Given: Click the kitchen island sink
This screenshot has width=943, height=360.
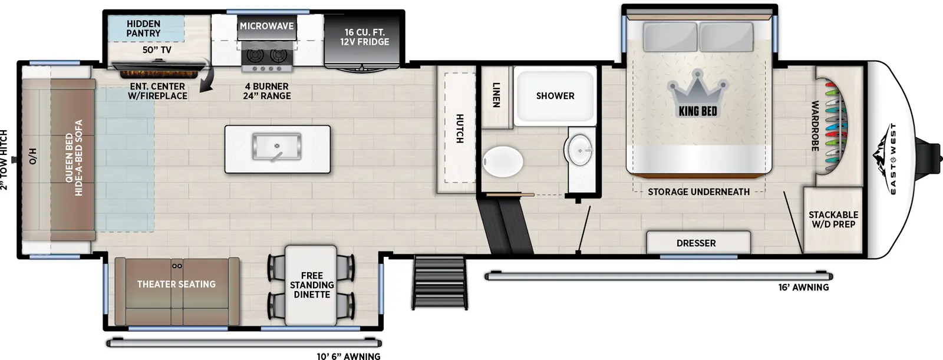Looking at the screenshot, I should [x=276, y=147].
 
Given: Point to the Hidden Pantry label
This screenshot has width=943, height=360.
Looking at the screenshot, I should [x=143, y=28].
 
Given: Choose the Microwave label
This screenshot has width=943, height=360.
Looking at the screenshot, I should [x=266, y=27].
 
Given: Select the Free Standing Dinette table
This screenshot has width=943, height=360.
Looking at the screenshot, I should [x=311, y=285].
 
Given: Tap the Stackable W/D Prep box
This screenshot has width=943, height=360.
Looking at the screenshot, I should [x=833, y=220].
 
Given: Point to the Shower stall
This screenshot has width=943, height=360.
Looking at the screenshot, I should [x=555, y=96].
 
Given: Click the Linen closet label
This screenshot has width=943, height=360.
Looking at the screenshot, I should [x=496, y=95].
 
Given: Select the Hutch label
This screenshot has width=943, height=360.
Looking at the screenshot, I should [x=459, y=128].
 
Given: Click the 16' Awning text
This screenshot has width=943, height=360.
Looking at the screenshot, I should [x=803, y=288].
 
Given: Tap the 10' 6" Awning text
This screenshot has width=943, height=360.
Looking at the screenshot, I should [x=348, y=356].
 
